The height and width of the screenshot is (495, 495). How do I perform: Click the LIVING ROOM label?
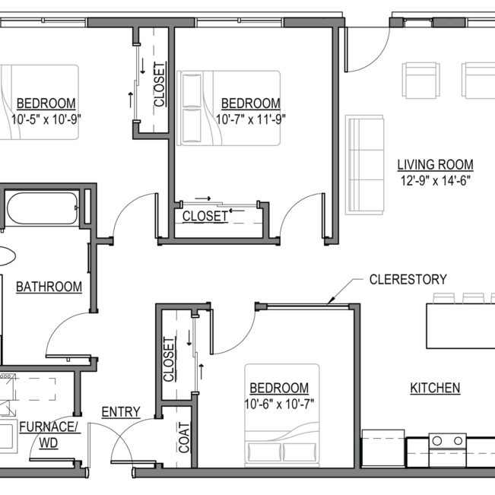(436, 164)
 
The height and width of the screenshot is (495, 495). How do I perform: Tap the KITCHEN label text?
(435, 388)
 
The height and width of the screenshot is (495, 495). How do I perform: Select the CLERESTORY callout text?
(408, 279)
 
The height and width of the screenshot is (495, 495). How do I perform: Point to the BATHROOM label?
(49, 287)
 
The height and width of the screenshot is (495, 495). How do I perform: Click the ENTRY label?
(121, 412)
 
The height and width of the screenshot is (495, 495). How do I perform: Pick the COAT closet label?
(183, 438)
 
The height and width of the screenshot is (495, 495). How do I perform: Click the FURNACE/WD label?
(49, 433)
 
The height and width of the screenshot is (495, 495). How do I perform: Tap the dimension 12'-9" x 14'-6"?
(436, 180)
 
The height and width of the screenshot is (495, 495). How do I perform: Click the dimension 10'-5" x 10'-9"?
(46, 119)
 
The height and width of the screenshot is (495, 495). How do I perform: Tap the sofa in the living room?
(365, 164)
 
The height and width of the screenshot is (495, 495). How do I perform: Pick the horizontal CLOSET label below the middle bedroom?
(205, 216)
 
